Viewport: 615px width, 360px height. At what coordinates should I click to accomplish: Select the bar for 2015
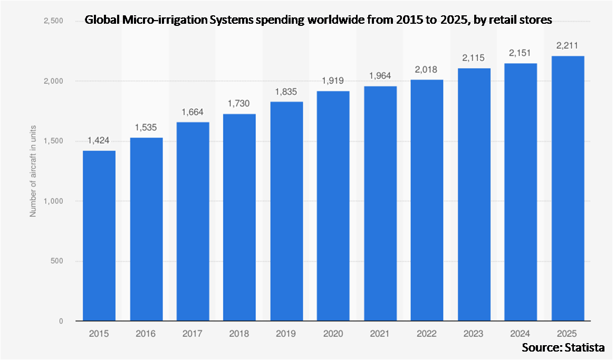pyautogui.click(x=99, y=236)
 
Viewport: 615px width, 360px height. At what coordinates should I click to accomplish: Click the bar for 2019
pyautogui.click(x=286, y=211)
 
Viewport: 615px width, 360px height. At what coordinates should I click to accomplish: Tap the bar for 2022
pyautogui.click(x=427, y=201)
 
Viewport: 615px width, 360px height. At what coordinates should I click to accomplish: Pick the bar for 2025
pyautogui.click(x=567, y=188)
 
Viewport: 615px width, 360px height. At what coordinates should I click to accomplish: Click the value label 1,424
pyautogui.click(x=99, y=141)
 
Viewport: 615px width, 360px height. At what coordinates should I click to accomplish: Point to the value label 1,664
pyautogui.click(x=193, y=112)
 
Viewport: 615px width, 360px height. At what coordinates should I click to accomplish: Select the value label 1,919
pyautogui.click(x=333, y=81)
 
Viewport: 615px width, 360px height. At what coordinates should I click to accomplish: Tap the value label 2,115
pyautogui.click(x=474, y=58)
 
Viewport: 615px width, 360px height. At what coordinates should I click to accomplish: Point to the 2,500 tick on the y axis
pyautogui.click(x=53, y=21)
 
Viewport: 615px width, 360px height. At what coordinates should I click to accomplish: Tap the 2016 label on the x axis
pyautogui.click(x=146, y=334)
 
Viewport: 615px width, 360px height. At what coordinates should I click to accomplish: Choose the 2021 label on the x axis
pyautogui.click(x=380, y=334)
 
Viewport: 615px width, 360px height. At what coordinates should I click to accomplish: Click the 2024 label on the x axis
pyautogui.click(x=520, y=334)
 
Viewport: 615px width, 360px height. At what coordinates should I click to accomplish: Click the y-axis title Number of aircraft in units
pyautogui.click(x=32, y=171)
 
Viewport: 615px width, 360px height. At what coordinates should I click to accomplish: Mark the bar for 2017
pyautogui.click(x=193, y=222)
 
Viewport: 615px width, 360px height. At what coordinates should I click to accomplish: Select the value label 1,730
pyautogui.click(x=239, y=104)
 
